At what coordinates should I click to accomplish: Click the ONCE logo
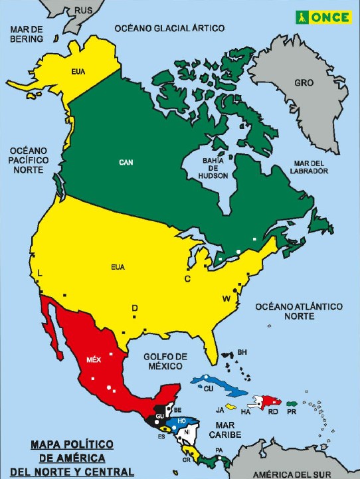point(323,17)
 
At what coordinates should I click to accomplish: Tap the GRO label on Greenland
point(304,84)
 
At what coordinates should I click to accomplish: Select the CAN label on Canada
point(126,161)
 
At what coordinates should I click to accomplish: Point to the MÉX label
point(94,360)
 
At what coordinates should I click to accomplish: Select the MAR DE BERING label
point(26,33)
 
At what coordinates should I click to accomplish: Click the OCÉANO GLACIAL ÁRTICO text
point(169,28)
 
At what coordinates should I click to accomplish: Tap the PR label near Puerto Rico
point(291,413)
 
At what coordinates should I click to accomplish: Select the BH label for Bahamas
point(242,351)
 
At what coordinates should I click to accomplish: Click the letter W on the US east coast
point(226,298)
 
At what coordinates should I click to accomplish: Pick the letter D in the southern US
point(134,308)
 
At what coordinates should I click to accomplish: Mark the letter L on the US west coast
point(40,273)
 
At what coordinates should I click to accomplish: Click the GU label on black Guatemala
point(159,416)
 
